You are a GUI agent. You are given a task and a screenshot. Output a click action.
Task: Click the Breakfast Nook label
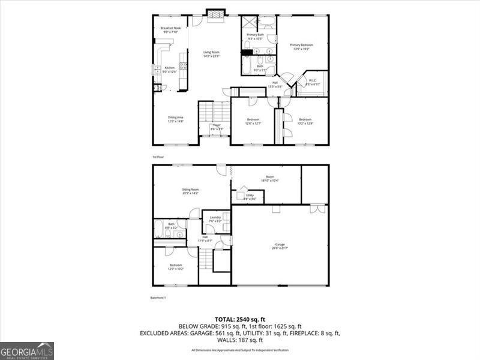[x=170, y=30]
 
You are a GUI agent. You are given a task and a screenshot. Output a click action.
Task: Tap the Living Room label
[x=211, y=54]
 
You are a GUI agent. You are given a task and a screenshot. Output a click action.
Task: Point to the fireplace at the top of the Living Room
[x=215, y=15]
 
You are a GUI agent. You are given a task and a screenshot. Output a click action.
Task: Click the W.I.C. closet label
[x=313, y=82]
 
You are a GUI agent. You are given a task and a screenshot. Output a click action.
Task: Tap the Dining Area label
[x=175, y=119]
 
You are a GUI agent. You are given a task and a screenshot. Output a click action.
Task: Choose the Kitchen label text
[x=170, y=70]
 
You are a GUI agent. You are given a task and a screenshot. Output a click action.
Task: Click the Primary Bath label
[x=256, y=37]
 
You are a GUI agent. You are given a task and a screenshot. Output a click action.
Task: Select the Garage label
[x=280, y=246]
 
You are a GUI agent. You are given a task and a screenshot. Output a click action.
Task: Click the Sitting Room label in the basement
[x=191, y=191]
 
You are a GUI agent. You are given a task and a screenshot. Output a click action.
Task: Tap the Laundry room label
[x=215, y=219]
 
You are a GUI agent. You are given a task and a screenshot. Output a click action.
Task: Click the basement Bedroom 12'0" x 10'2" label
[x=175, y=266]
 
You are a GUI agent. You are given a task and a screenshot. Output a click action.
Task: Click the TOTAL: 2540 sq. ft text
[x=240, y=319]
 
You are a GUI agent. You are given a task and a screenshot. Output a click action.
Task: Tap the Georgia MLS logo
[x=27, y=350]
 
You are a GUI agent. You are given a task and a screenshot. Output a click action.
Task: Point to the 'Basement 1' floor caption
[x=158, y=298]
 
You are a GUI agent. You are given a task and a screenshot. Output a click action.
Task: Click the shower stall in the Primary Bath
[x=250, y=23]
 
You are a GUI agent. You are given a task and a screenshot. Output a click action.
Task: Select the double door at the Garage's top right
[x=317, y=209]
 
